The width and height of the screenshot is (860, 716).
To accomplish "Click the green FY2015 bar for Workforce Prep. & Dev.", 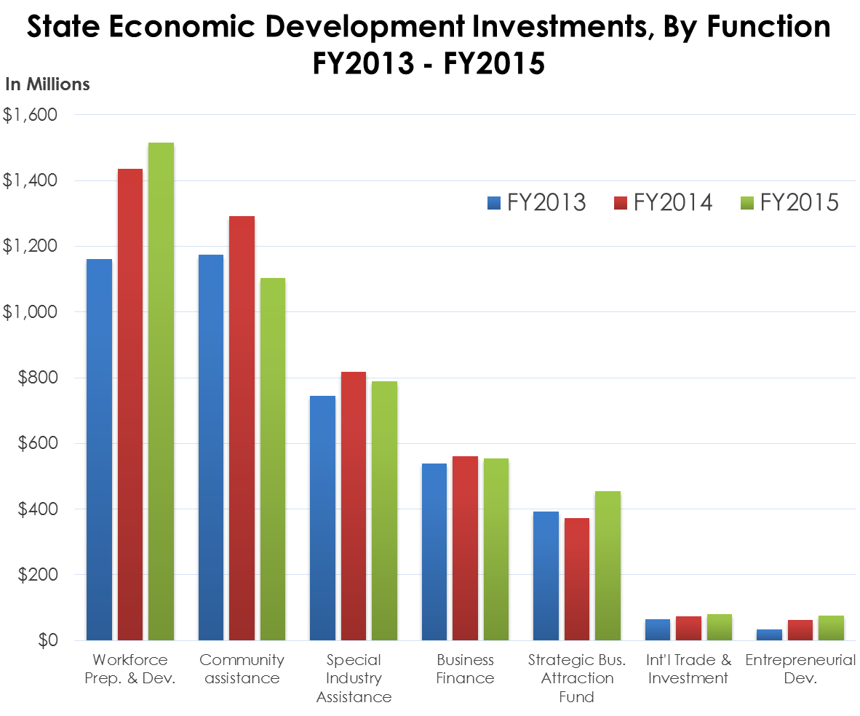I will (161, 393).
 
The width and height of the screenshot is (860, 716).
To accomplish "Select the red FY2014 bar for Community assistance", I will (242, 429).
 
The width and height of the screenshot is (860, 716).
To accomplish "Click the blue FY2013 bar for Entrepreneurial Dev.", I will (769, 635).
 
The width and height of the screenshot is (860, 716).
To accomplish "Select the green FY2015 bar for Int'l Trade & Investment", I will (720, 627).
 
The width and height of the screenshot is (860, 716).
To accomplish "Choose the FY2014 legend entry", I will (663, 202).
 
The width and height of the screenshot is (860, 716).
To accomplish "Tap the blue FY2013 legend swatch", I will (493, 202).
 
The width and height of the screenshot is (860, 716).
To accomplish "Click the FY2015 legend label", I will (799, 202).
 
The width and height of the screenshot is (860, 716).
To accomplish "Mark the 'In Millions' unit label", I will (48, 84).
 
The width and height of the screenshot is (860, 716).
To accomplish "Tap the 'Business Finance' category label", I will (465, 669).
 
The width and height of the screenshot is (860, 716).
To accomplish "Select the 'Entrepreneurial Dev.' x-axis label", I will (800, 669).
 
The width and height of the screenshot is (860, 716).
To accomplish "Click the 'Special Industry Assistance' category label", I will (354, 678).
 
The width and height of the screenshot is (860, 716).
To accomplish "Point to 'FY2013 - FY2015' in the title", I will (429, 64).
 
